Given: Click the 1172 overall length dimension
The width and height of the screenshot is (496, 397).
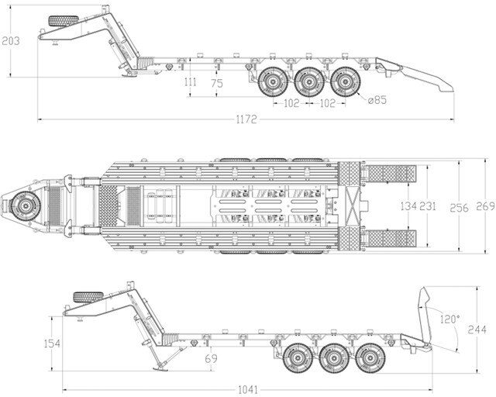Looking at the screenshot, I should [x=247, y=120].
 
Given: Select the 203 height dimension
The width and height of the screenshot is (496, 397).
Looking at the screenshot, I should [x=11, y=41].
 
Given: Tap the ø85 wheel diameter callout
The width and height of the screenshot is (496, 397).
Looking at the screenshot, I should [x=377, y=100].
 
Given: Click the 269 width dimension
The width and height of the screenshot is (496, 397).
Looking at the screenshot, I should [x=485, y=206].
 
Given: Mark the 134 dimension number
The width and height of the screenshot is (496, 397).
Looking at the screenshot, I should [x=408, y=206].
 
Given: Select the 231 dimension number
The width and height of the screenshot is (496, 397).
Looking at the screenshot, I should [x=430, y=206].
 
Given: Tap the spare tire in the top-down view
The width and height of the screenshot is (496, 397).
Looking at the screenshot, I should [x=25, y=206].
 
